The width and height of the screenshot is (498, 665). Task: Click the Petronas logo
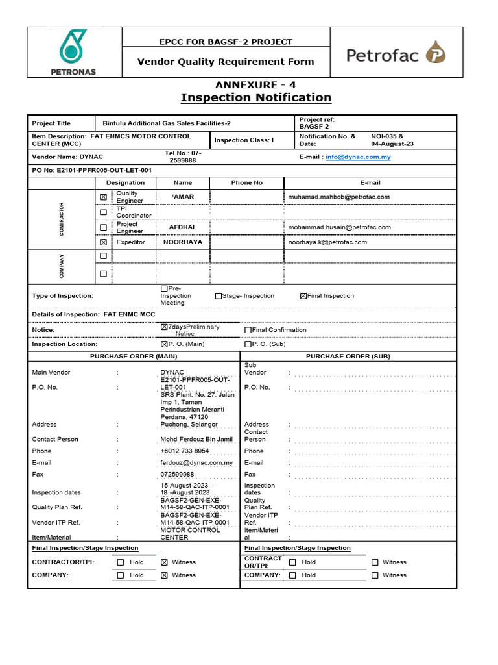point(73,53)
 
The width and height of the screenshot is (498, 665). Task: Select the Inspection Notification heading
point(255,97)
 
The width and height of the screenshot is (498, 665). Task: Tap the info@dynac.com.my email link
point(358,157)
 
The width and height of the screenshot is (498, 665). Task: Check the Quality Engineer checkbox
point(103,197)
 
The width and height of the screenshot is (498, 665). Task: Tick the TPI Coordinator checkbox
point(103,212)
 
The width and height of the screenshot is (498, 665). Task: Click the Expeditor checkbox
point(103,242)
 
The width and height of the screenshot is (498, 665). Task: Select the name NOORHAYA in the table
point(183,242)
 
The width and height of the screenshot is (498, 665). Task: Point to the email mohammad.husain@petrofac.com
point(339,227)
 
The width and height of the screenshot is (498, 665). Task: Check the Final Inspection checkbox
point(303,296)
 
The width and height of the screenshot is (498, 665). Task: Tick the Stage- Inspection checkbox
point(219,296)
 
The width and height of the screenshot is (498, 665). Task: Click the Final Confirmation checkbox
point(248,330)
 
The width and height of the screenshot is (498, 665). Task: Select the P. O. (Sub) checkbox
point(247,345)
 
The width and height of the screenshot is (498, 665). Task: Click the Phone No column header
point(247,183)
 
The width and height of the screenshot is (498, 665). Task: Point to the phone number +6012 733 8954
point(185,451)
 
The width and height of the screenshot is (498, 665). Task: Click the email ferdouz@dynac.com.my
point(196,463)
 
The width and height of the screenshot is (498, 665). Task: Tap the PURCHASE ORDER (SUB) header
point(348,357)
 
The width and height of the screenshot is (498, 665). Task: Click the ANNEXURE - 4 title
point(255,84)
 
